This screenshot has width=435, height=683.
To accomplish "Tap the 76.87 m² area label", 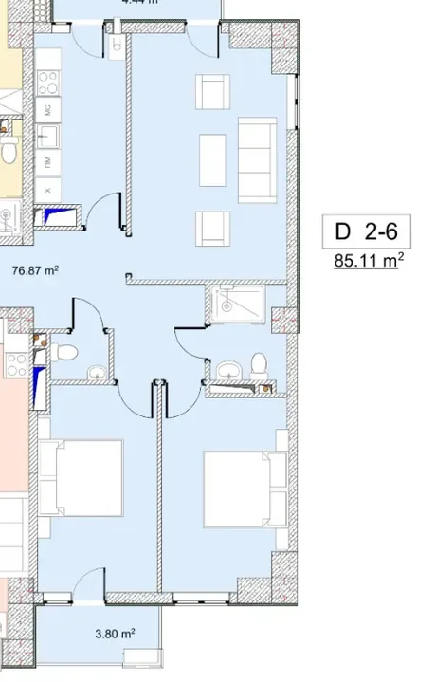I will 35,270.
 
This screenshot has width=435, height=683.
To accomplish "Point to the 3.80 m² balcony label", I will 114,633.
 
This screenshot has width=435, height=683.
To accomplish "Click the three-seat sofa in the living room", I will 257,158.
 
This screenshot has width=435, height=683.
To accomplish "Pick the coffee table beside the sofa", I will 212,158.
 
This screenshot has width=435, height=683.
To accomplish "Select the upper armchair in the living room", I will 212,92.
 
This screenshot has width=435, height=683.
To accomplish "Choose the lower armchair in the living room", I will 212,227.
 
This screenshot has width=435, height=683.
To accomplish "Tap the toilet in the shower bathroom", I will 258,364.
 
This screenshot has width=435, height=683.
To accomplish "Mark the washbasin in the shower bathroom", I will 228,368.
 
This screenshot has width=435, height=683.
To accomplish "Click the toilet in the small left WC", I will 64,354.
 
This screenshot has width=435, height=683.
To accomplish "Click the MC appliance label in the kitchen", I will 47,111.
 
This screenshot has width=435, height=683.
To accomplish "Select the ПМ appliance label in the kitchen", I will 47,164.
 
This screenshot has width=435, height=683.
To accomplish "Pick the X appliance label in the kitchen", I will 47,190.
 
